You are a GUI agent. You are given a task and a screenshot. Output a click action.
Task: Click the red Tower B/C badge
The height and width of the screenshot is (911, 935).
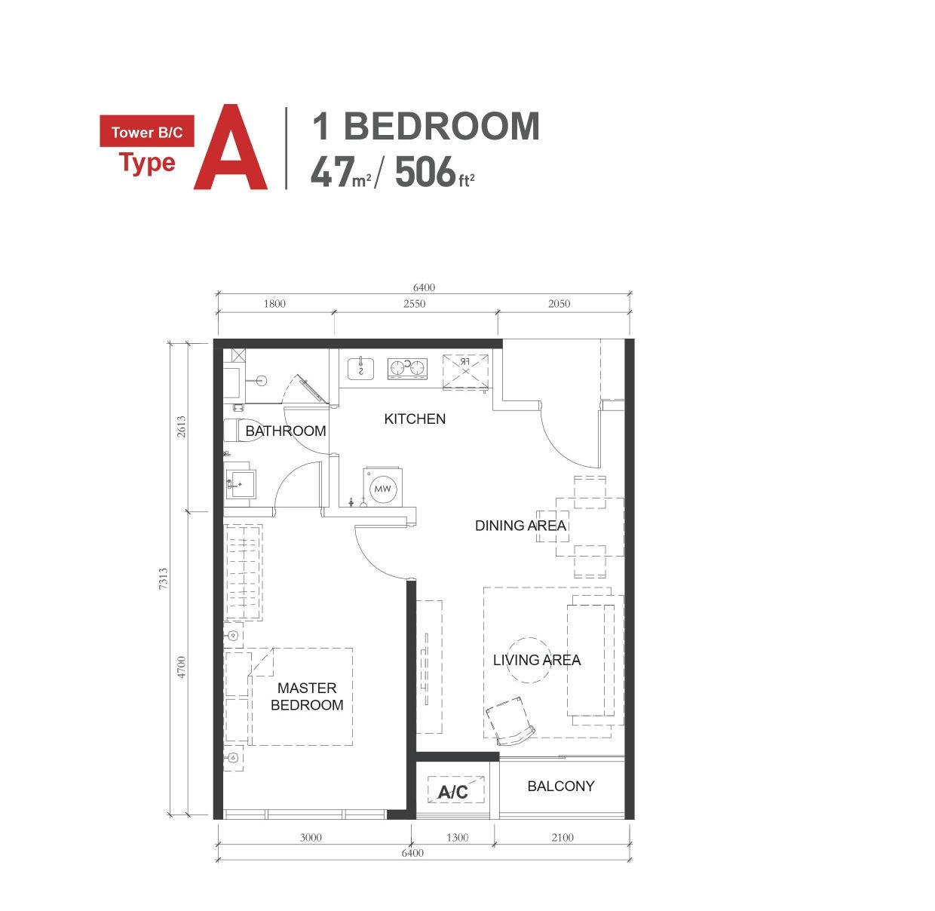(x=147, y=131)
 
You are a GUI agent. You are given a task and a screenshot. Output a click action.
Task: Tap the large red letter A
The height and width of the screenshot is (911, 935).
(x=231, y=147)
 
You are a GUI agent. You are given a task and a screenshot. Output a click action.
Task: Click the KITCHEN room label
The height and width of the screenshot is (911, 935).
(x=415, y=419)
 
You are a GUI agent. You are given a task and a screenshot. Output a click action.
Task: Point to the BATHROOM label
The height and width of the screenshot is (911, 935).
(x=285, y=431)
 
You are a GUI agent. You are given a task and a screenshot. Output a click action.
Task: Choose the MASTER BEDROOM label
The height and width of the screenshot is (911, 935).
(x=307, y=696)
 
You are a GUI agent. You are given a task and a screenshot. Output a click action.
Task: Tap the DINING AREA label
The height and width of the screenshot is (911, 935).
(x=520, y=526)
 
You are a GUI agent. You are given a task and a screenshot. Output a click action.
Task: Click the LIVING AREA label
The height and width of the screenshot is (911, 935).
(x=537, y=660)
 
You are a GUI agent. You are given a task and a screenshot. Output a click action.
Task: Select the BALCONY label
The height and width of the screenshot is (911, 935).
(x=561, y=786)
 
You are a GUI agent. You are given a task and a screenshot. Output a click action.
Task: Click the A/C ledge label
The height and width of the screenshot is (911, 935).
(x=452, y=793)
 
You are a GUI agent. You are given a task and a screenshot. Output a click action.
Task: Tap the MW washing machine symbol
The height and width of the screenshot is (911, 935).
(x=383, y=486)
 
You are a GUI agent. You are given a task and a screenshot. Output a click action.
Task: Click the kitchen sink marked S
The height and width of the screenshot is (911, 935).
(x=360, y=369)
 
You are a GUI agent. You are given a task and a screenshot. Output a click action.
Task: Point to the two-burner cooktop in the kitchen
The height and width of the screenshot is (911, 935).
(x=407, y=369)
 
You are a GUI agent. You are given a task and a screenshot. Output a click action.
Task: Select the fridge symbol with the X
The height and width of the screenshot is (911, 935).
(x=465, y=372)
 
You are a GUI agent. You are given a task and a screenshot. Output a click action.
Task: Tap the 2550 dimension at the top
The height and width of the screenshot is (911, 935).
(x=414, y=304)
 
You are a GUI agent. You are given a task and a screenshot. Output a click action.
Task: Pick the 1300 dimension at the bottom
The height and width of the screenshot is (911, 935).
(x=457, y=838)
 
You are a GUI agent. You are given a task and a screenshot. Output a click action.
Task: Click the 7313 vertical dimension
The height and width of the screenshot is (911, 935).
(x=164, y=578)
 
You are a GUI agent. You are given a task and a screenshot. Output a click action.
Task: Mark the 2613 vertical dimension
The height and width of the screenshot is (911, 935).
(x=181, y=426)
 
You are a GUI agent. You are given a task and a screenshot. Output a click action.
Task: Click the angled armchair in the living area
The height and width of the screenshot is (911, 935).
(x=510, y=721)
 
